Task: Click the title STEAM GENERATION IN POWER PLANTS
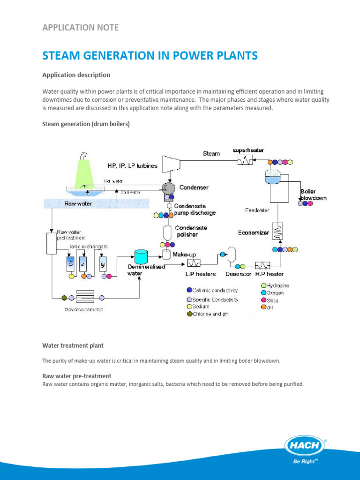pos(150,56)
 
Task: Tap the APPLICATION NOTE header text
pos(80,28)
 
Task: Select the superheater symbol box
pos(244,160)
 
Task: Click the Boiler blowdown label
pos(313,195)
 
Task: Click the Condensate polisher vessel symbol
pos(167,232)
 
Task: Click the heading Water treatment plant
pos(73,345)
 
